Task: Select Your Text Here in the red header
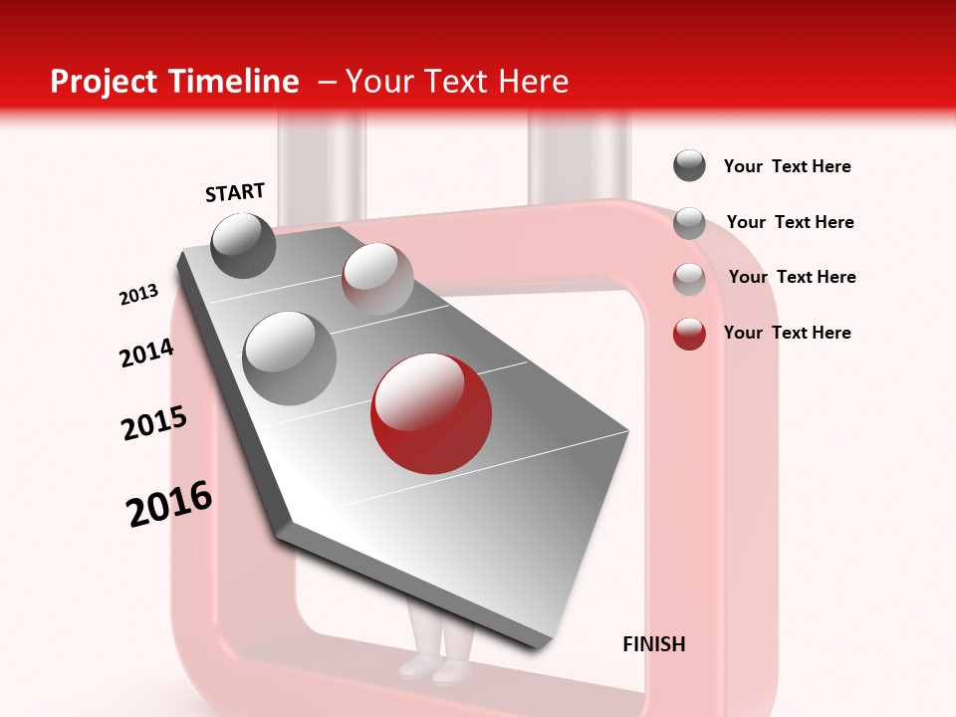coord(457,82)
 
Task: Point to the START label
coord(235,192)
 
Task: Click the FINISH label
coord(654,644)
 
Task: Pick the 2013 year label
coord(138,295)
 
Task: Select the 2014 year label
coord(146,353)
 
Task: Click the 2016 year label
coord(169,504)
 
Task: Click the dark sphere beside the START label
coord(244,245)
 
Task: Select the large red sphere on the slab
coord(431,411)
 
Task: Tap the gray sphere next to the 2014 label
coord(290,358)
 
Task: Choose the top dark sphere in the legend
coord(689,166)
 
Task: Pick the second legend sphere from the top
coord(689,223)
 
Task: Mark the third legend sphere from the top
coord(689,279)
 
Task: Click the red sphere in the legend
coord(689,334)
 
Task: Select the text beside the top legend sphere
coord(787,167)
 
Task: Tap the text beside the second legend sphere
coord(790,222)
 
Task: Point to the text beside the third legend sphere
coord(792,277)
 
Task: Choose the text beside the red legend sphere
coord(787,333)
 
